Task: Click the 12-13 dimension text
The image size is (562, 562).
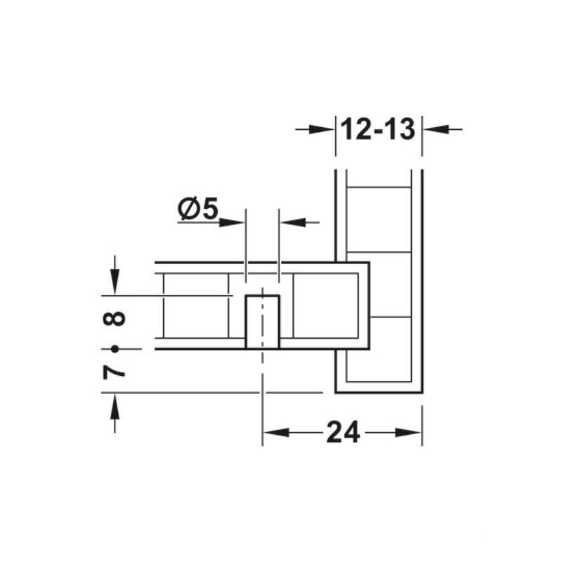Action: [x=379, y=130]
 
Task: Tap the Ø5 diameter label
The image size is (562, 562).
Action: [x=199, y=209]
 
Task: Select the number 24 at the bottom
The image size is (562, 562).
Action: [x=343, y=432]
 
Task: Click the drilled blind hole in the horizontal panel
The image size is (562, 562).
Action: [x=262, y=322]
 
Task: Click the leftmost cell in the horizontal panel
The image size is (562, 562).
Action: [x=195, y=306]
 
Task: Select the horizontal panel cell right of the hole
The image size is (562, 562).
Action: [x=325, y=306]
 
